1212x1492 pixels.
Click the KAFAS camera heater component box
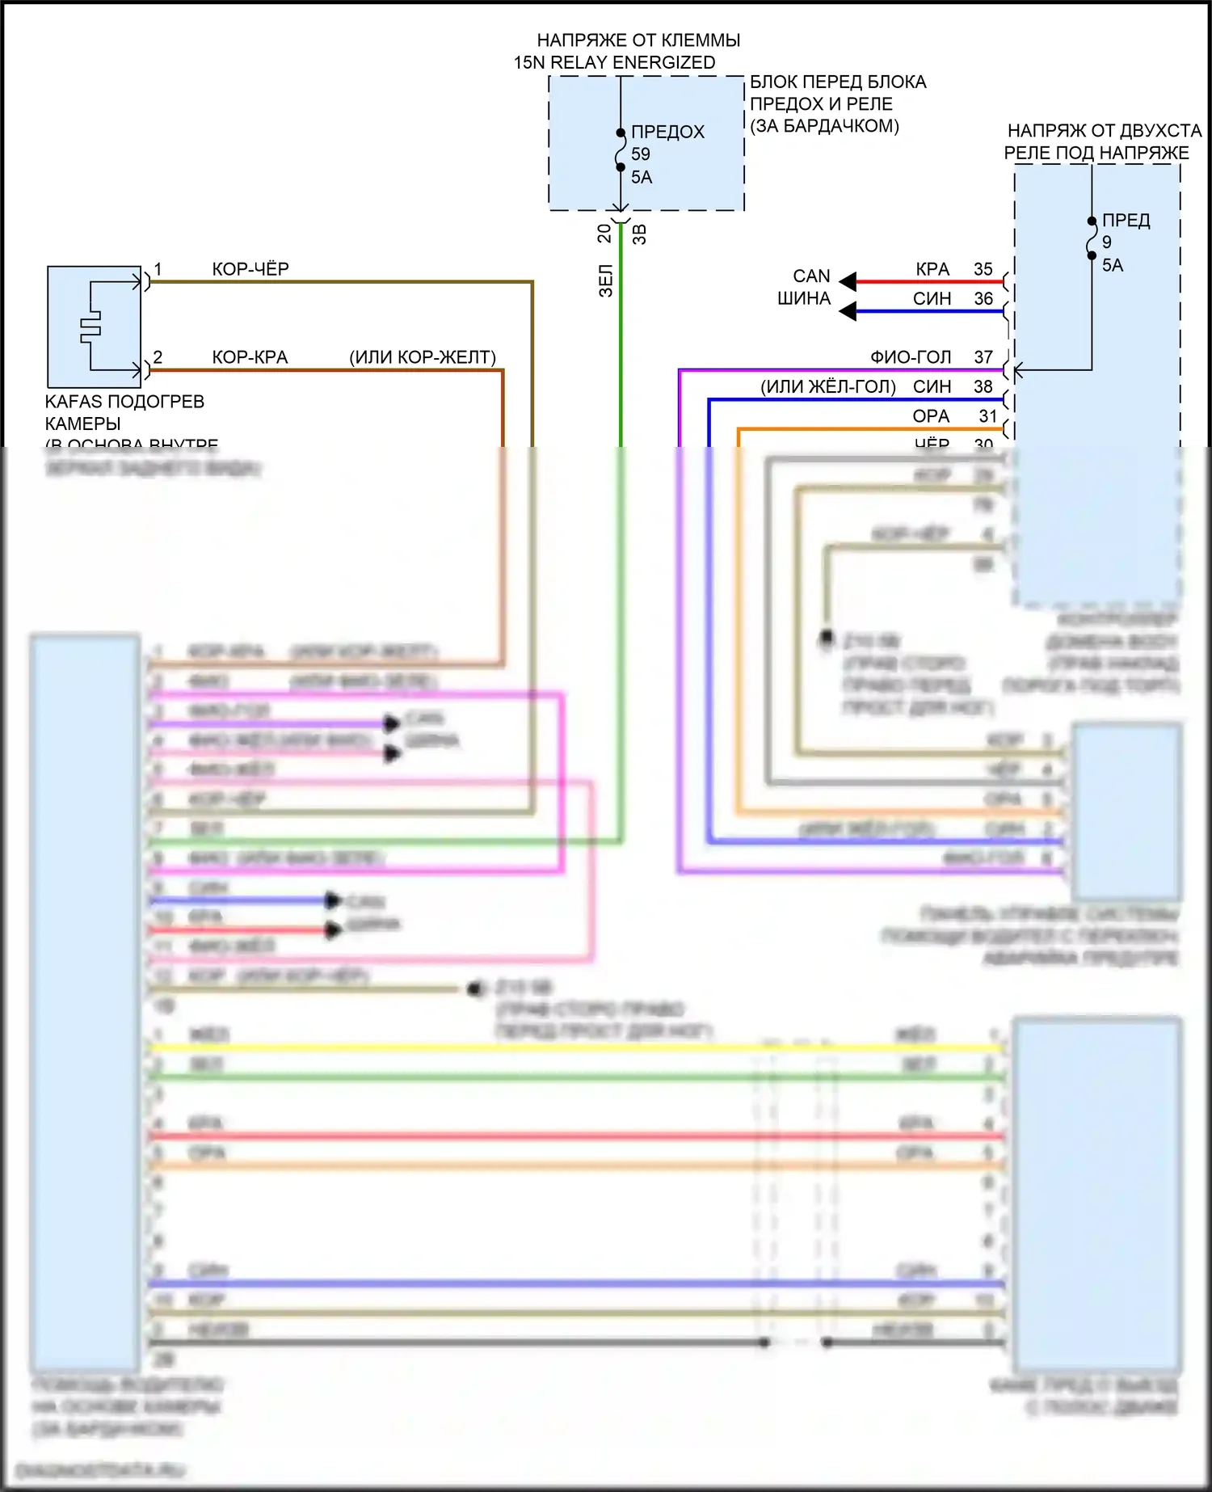94,327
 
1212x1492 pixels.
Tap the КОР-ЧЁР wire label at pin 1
250,269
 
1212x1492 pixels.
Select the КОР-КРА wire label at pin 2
250,357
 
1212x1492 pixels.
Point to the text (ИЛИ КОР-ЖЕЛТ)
422,357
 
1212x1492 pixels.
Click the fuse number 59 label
641,154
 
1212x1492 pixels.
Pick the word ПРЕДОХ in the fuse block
667,132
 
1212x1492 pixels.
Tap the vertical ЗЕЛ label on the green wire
606,281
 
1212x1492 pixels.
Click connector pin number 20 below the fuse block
604,234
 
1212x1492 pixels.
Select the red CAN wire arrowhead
848,281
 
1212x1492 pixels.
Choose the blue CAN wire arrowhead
848,311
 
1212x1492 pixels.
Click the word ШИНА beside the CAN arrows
804,299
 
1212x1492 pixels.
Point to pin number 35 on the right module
983,269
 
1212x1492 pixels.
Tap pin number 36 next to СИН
983,299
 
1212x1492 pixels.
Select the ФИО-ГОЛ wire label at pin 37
910,357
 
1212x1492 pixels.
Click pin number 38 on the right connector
983,387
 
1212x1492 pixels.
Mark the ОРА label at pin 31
931,416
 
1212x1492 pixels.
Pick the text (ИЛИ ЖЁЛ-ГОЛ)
827,387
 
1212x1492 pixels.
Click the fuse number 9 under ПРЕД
1106,242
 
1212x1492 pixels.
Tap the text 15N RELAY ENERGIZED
614,62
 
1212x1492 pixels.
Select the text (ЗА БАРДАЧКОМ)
824,126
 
